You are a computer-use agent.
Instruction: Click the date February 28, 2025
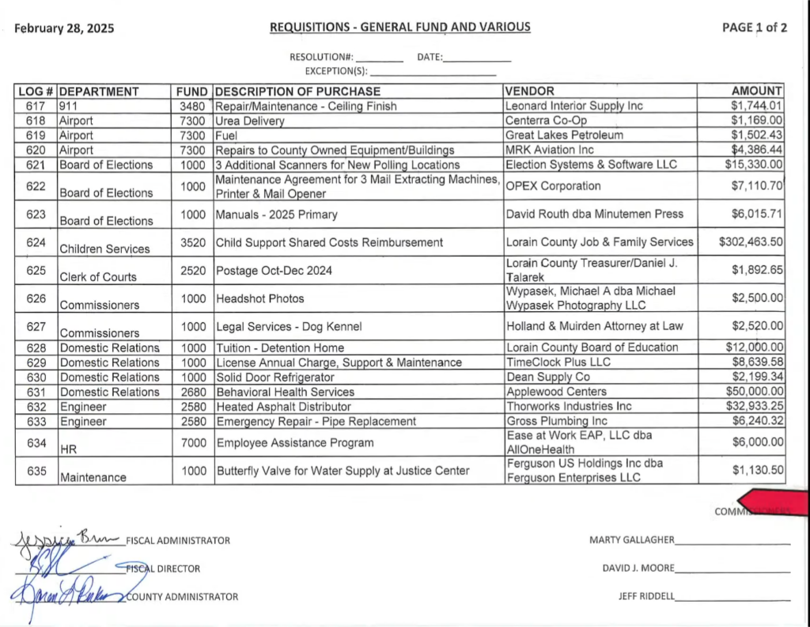click(64, 28)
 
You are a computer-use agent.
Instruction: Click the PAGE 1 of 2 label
click(755, 28)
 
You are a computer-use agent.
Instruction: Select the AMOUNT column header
click(756, 91)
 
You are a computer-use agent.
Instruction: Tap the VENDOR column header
click(529, 91)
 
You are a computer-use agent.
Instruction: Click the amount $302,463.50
click(751, 242)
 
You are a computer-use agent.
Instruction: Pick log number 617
click(36, 106)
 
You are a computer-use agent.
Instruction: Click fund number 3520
click(193, 242)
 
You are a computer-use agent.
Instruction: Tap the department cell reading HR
click(67, 449)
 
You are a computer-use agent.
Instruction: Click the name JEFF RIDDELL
click(646, 597)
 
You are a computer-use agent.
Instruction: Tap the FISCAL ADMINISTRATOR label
click(178, 541)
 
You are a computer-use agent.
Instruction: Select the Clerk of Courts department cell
click(97, 277)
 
